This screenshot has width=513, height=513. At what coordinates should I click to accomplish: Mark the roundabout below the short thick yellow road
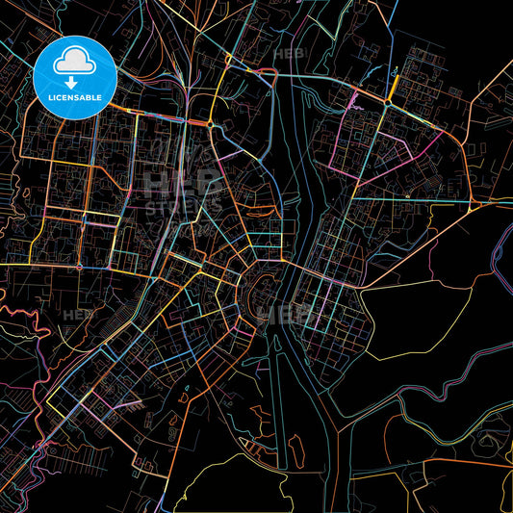coord(388,104)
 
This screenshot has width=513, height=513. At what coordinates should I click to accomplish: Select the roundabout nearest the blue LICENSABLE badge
coord(210,124)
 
